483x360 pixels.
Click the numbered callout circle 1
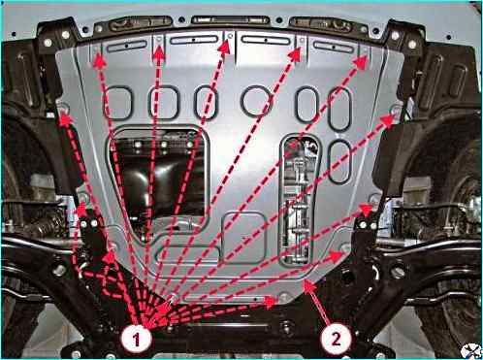pos(136,340)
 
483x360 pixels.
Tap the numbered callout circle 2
pos(336,339)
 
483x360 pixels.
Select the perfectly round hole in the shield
pos(256,101)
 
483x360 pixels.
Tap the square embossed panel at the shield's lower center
pos(244,238)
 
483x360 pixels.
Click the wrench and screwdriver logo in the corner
pos(471,351)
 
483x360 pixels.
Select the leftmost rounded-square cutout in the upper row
pos(117,102)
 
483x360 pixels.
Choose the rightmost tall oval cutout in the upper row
pos(339,109)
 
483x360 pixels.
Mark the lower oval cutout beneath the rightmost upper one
pos(339,162)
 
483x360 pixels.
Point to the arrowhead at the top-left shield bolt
pos(99,61)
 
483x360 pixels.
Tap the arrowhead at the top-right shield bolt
pos(362,62)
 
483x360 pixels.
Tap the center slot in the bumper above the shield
pos(230,19)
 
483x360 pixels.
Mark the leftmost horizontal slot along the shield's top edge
pos(127,46)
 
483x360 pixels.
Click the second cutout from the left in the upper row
pos(164,103)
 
